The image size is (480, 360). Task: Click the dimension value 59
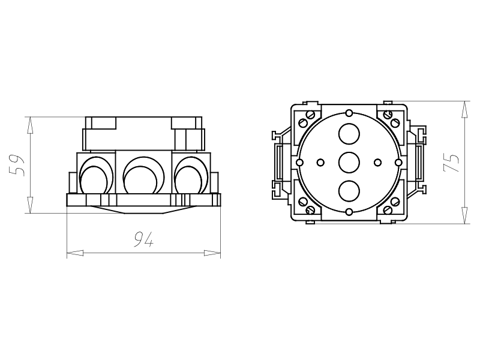(x=17, y=166)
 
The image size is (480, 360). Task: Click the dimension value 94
(x=143, y=239)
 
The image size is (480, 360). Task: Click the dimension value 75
(x=451, y=163)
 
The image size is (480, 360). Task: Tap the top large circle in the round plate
(x=349, y=134)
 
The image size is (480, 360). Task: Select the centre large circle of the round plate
(x=349, y=162)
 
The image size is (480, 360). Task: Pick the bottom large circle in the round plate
(x=349, y=191)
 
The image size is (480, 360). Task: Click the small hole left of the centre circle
(x=320, y=162)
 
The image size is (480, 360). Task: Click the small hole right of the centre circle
(x=378, y=162)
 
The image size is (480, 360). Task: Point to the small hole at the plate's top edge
(x=349, y=113)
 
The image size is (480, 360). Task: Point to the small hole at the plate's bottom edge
(x=349, y=212)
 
